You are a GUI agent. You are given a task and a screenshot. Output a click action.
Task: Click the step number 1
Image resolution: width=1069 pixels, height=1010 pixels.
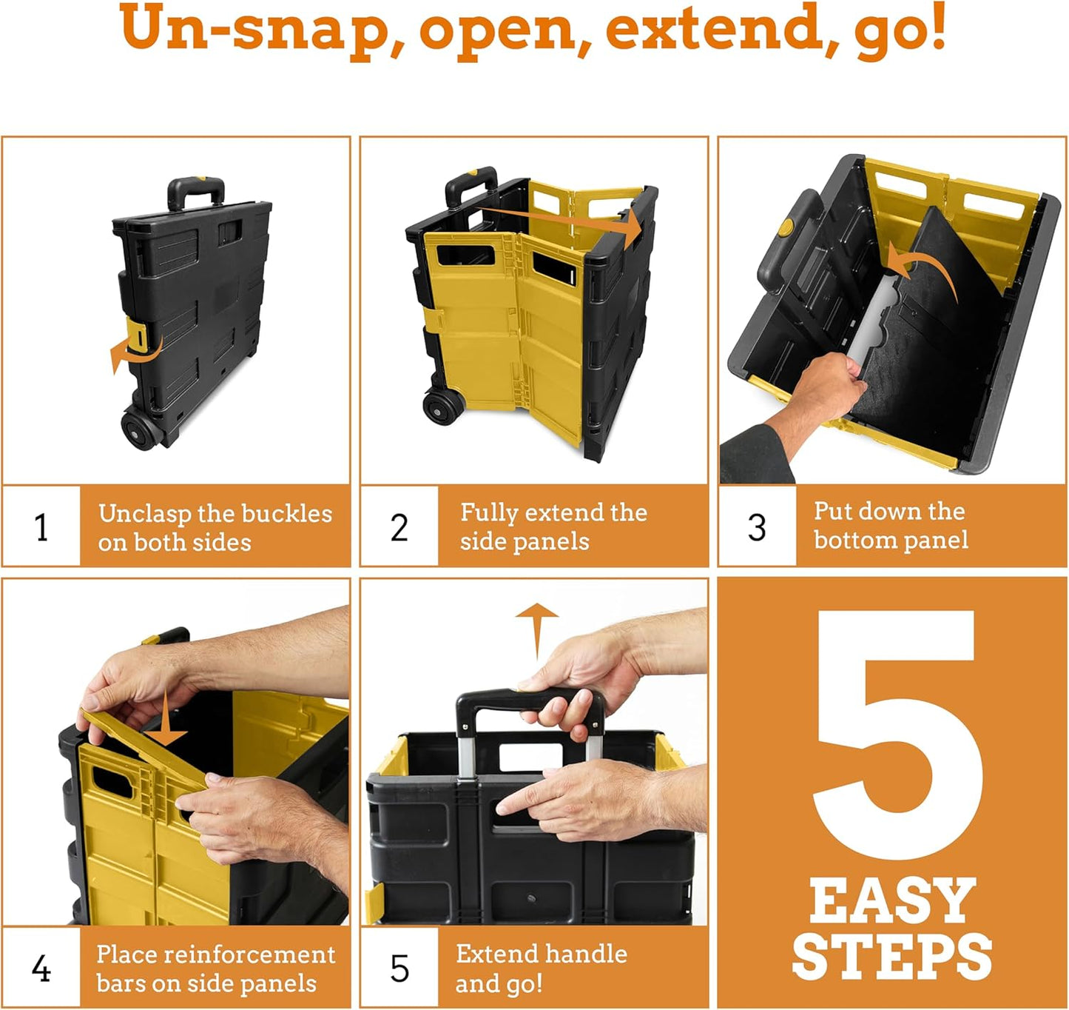click(x=41, y=527)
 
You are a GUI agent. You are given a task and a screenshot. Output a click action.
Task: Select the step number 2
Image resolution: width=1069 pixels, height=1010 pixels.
click(x=399, y=527)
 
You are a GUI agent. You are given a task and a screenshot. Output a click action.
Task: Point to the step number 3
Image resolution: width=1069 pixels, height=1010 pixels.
click(x=757, y=527)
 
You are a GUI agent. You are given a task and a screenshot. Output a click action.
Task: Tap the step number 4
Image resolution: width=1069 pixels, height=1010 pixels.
click(x=41, y=969)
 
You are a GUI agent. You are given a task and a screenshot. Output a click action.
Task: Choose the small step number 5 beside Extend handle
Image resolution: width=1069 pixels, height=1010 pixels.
click(x=399, y=969)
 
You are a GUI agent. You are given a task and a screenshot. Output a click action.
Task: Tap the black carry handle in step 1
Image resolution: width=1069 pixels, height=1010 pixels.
click(x=195, y=191)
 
